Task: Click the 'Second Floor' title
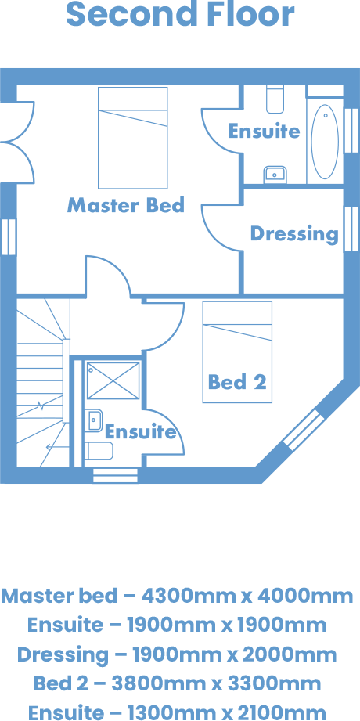tap(180, 14)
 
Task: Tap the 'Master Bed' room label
tap(126, 205)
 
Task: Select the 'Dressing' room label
tap(294, 234)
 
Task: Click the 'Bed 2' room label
tap(237, 382)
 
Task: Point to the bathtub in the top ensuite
tap(325, 142)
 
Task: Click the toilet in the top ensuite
tap(275, 99)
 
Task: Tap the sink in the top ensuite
tap(275, 175)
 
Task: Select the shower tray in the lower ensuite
tap(113, 380)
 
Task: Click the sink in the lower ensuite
tap(93, 420)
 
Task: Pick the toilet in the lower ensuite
tap(99, 451)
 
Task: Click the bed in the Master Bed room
tap(133, 138)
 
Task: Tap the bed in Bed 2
tap(237, 351)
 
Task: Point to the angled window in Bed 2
tap(301, 430)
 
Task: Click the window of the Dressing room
tap(351, 229)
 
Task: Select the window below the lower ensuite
tap(115, 475)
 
